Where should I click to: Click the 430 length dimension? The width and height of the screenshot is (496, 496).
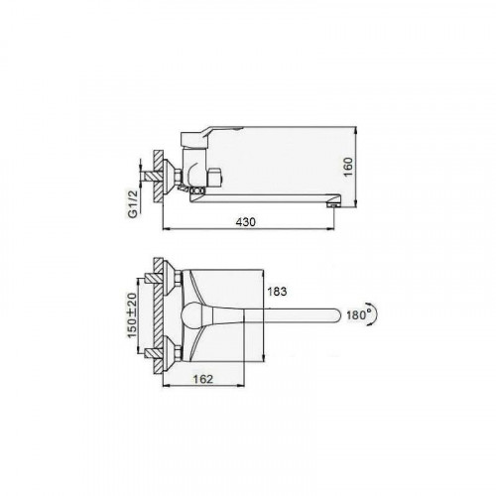[x=246, y=222]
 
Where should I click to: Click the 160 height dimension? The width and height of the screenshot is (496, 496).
[x=348, y=167]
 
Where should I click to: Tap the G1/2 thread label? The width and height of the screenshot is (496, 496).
[x=133, y=204]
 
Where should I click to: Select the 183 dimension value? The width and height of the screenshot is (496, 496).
[x=277, y=292]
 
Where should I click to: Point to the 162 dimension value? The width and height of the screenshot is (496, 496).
[x=203, y=379]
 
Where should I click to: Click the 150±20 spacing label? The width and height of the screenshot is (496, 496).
[x=133, y=315]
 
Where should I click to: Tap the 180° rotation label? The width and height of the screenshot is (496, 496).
[x=357, y=314]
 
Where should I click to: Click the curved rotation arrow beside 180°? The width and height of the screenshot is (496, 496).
[x=375, y=314]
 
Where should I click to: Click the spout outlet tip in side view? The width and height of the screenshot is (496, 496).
[x=332, y=205]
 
